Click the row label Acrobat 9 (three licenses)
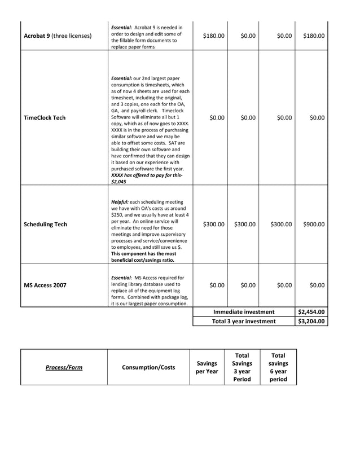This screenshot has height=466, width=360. pyautogui.click(x=57, y=36)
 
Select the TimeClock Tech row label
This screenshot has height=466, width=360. pyautogui.click(x=45, y=118)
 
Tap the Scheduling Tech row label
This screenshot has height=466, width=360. pyautogui.click(x=45, y=225)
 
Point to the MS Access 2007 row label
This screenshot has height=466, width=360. pyautogui.click(x=45, y=285)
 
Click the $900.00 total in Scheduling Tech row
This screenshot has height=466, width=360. pyautogui.click(x=313, y=225)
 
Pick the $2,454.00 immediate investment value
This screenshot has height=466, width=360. pyautogui.click(x=311, y=312)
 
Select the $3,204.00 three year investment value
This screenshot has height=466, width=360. pyautogui.click(x=311, y=322)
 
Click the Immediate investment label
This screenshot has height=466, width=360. pyautogui.click(x=244, y=312)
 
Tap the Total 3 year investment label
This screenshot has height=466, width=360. pyautogui.click(x=244, y=322)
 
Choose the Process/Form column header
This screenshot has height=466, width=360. pyautogui.click(x=64, y=367)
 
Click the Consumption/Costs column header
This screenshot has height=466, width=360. pyautogui.click(x=148, y=367)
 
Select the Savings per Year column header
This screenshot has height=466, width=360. pyautogui.click(x=207, y=368)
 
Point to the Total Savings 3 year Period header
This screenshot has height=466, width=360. pyautogui.click(x=242, y=367)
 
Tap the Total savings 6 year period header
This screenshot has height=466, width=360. pyautogui.click(x=278, y=367)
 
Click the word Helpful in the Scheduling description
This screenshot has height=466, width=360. pyautogui.click(x=120, y=202)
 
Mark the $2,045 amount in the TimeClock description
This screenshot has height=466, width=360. pyautogui.click(x=119, y=182)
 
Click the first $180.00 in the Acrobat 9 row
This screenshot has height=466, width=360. pyautogui.click(x=213, y=36)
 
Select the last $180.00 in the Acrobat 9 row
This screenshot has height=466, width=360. pyautogui.click(x=313, y=36)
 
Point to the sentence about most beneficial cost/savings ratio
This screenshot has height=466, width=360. pyautogui.click(x=143, y=257)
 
